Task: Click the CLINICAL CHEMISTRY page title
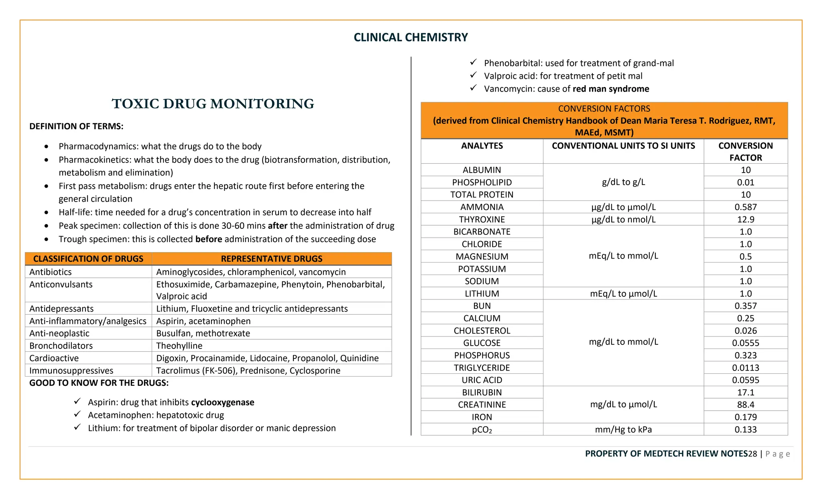click(411, 37)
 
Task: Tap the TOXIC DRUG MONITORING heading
click(213, 104)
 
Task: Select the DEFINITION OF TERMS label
click(76, 126)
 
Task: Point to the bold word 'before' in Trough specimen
click(209, 239)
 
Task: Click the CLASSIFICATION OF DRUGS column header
click(88, 259)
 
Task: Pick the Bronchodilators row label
click(61, 346)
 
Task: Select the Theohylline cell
click(179, 346)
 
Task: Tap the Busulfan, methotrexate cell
click(203, 333)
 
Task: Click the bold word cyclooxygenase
click(222, 402)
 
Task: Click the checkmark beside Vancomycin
click(474, 88)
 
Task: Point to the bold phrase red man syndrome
click(610, 89)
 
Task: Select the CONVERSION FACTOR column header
click(745, 151)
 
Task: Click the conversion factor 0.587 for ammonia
click(745, 207)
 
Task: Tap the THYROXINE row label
click(482, 220)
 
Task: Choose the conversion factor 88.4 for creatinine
click(745, 405)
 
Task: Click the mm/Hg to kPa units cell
click(623, 430)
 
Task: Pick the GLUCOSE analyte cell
click(482, 343)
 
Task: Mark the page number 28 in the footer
click(753, 454)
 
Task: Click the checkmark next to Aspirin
click(77, 401)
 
